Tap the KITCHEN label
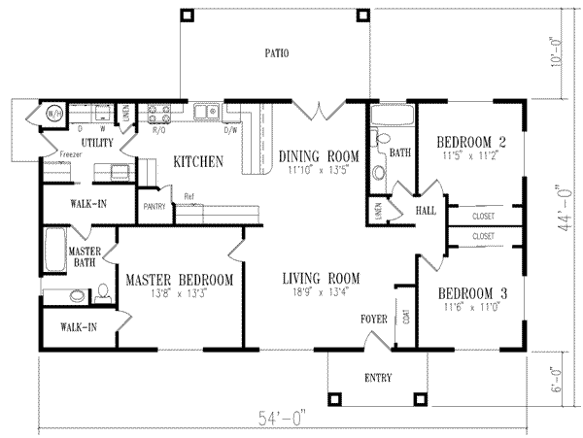click(199, 161)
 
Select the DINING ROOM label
click(319, 155)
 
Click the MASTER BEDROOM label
click(180, 281)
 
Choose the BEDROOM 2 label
click(470, 140)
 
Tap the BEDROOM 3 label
click(471, 294)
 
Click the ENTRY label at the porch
click(378, 378)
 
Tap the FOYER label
click(374, 319)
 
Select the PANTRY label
click(153, 206)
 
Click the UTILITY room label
click(98, 143)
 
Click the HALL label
click(425, 210)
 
